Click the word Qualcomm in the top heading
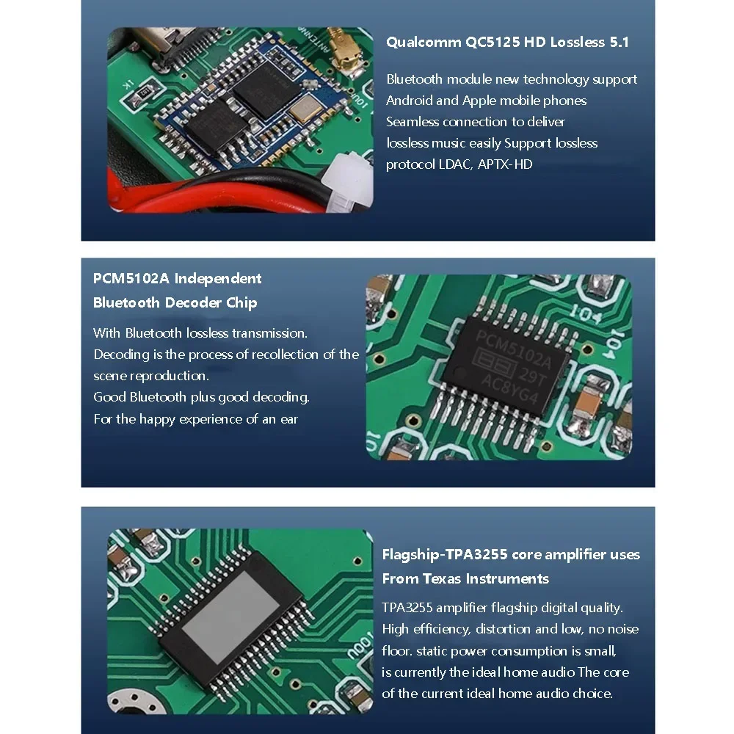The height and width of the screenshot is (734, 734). (x=424, y=42)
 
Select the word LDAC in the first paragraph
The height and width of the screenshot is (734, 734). (x=454, y=164)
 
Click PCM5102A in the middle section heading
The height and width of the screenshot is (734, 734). (x=131, y=279)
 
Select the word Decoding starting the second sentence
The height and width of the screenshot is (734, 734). (x=120, y=355)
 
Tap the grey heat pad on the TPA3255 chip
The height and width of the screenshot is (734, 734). (x=230, y=613)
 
